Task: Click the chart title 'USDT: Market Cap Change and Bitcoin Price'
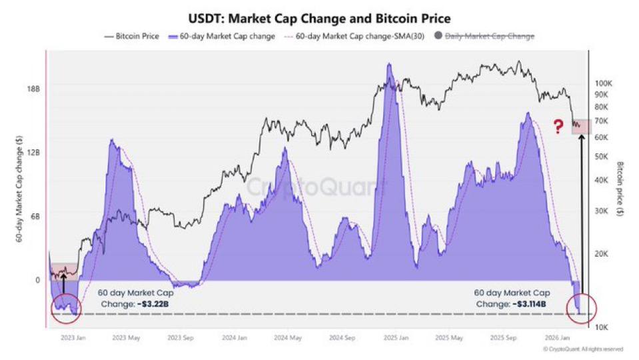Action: (320, 19)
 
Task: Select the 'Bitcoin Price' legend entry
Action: (132, 36)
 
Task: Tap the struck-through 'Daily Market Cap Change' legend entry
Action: (484, 36)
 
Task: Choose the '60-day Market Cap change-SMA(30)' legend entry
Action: (354, 36)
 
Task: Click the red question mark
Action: (558, 127)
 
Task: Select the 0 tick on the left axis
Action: (37, 280)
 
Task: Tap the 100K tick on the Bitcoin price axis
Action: (603, 83)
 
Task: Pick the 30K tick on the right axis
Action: (602, 211)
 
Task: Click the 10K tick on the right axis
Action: (602, 327)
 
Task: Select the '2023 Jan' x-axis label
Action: (73, 337)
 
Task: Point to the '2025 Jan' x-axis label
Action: (396, 337)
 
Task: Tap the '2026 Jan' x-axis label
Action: (558, 337)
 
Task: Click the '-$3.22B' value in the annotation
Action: (153, 304)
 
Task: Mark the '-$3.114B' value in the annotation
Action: (529, 304)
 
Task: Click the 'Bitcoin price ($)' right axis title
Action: (620, 189)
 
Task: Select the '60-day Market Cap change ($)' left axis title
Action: (19, 189)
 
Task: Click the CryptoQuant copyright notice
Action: (584, 349)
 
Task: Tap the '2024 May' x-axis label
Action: (288, 337)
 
